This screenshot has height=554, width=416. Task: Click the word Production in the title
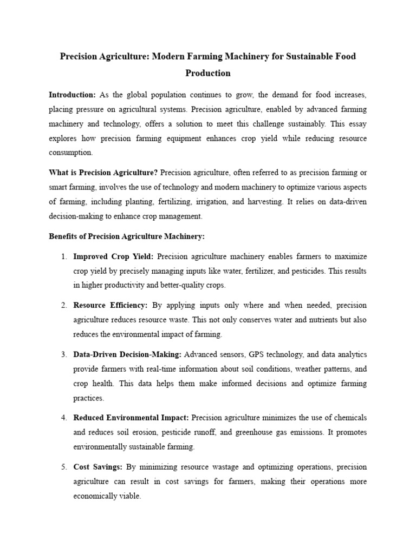click(208, 73)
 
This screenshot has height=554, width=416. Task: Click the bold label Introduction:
click(72, 95)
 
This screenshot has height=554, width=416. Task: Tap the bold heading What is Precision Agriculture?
click(103, 173)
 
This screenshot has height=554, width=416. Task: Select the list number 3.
click(63, 354)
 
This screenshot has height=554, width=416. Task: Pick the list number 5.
click(63, 466)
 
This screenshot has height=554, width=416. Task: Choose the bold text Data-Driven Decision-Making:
click(128, 354)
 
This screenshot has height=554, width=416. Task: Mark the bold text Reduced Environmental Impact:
click(131, 418)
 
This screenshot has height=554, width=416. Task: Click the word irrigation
click(234, 202)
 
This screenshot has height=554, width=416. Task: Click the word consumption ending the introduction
click(70, 153)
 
